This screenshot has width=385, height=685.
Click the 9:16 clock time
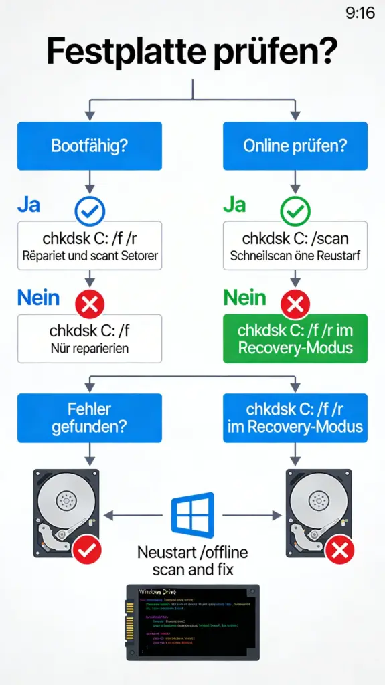[x=360, y=13]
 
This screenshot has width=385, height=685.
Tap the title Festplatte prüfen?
[x=192, y=52]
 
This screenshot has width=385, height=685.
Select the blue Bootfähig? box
[x=89, y=146]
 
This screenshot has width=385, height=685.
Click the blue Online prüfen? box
[x=295, y=146]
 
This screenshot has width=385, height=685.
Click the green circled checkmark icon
[x=294, y=211]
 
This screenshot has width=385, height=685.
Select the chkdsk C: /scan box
[x=295, y=246]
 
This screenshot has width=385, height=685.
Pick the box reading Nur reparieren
[x=89, y=338]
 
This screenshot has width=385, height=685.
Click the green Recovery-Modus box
[x=295, y=338]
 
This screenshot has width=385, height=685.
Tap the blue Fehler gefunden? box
[x=89, y=417]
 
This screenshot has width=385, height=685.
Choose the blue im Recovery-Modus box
[x=295, y=417]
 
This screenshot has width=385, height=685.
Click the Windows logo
[x=192, y=516]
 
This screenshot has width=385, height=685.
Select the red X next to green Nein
[x=294, y=305]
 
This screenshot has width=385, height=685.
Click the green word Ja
[x=234, y=204]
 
